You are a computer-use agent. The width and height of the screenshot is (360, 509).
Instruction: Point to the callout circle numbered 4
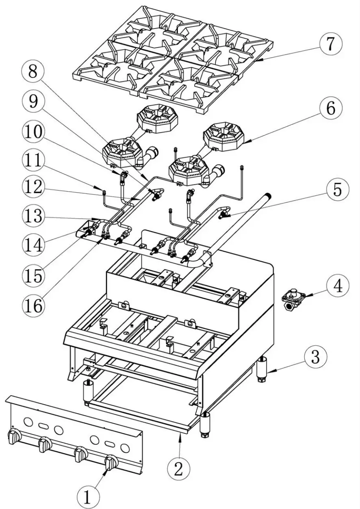pos(337,286)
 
